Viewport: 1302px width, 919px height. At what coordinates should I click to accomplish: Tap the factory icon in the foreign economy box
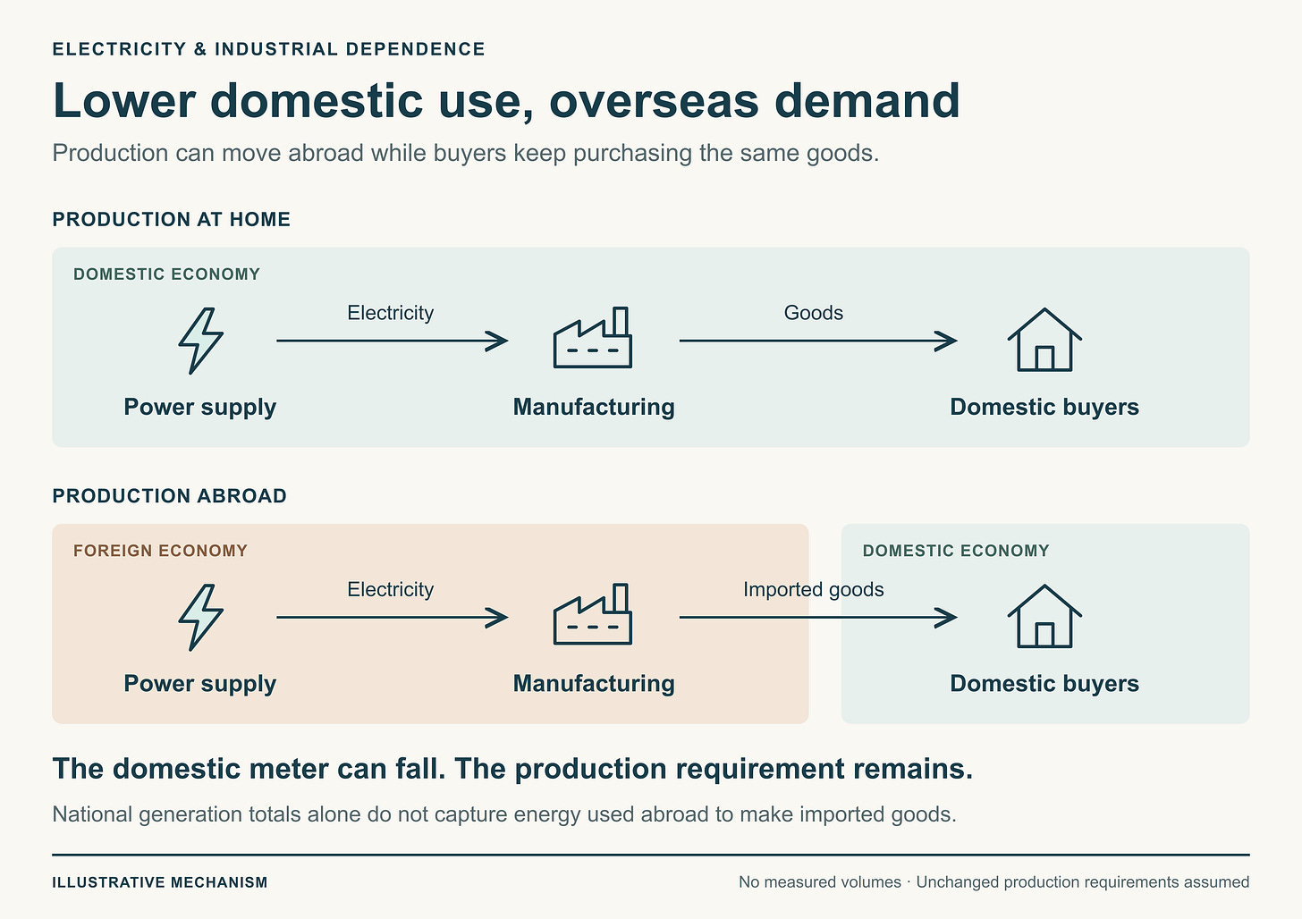click(592, 614)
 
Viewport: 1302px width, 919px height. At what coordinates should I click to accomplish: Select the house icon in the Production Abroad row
click(1044, 616)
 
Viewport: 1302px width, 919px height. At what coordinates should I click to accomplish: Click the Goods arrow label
click(813, 313)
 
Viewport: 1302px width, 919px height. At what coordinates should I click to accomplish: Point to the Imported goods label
click(813, 590)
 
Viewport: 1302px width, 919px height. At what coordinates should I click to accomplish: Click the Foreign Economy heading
click(160, 550)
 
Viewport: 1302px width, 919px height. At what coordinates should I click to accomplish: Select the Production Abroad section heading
click(169, 495)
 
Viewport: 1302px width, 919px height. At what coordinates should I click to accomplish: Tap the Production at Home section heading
click(171, 219)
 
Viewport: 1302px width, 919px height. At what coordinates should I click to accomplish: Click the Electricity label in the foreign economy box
click(390, 590)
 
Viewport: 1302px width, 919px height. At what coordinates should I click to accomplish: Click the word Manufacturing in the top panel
click(594, 408)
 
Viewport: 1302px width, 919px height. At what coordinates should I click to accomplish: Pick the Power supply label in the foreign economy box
click(199, 684)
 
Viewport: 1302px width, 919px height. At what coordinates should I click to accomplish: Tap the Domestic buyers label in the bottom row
click(1044, 684)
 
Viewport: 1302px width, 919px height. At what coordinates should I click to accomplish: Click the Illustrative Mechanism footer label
click(160, 881)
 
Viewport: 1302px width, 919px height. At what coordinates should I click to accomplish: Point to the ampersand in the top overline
click(200, 49)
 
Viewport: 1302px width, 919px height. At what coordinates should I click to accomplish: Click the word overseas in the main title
click(654, 101)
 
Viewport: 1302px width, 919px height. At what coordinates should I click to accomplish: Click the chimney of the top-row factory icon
click(621, 321)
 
